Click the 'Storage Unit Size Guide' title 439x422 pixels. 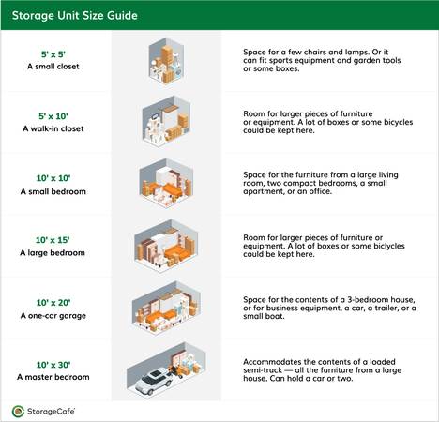tap(75, 16)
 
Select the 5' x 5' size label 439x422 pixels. tap(53, 54)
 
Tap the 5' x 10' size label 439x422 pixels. tap(53, 116)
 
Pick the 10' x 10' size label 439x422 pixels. tap(53, 178)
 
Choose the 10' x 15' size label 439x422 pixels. tap(53, 240)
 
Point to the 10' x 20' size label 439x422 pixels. tap(53, 303)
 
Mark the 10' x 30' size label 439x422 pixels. tap(53, 365)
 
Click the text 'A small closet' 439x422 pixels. tap(53, 67)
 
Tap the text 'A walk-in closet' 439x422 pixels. tap(53, 128)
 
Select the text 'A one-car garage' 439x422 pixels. tap(53, 316)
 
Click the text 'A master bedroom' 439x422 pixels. tap(53, 377)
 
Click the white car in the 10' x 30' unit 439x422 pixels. tap(154, 381)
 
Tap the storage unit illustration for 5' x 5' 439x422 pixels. tap(166, 61)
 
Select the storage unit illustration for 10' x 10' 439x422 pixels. tap(166, 183)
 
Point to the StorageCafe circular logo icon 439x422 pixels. tap(18, 412)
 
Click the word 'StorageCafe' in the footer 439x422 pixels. tap(51, 411)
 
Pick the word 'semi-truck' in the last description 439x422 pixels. tap(258, 370)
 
